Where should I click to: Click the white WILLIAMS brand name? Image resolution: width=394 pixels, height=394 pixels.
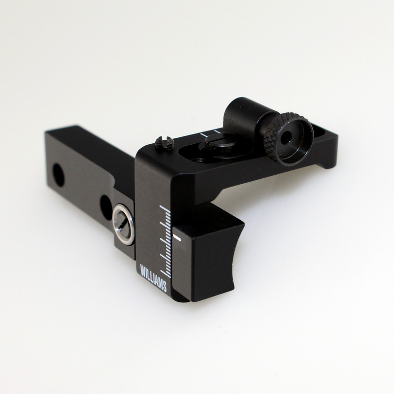(x=153, y=278)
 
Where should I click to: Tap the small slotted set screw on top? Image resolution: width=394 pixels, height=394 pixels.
(x=164, y=143)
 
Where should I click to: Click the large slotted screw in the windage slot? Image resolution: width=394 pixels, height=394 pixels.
(x=218, y=142)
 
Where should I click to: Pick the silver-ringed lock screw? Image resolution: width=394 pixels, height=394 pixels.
(x=123, y=225)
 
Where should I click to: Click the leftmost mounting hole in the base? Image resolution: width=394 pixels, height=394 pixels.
(x=58, y=175)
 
